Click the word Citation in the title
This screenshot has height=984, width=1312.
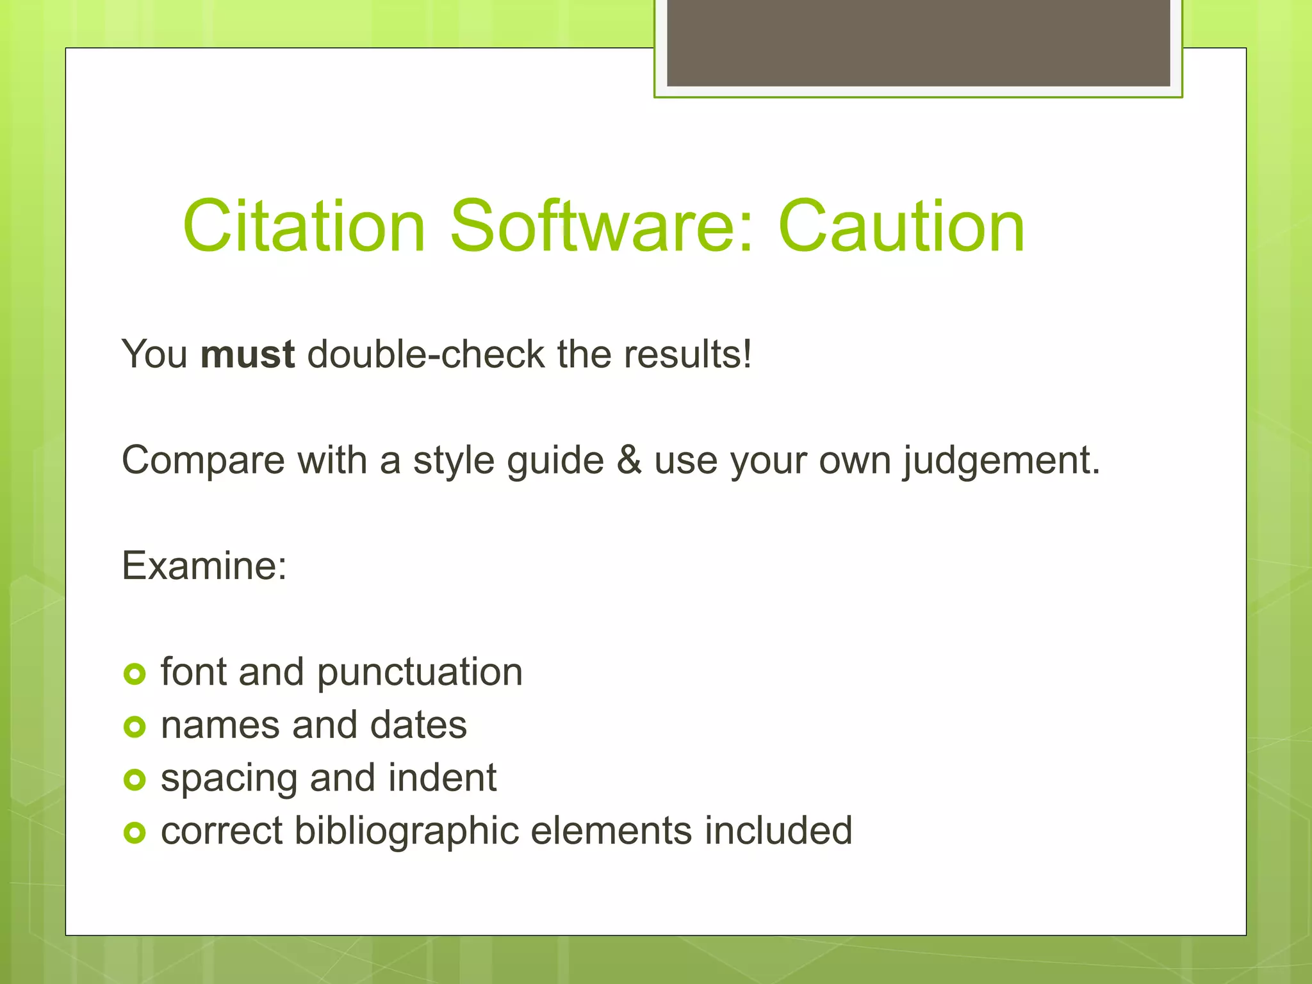tap(304, 226)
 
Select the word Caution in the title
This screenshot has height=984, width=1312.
tap(901, 226)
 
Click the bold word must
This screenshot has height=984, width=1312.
tap(247, 354)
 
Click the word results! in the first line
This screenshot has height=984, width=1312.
tap(687, 354)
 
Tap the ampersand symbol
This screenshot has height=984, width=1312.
tap(628, 460)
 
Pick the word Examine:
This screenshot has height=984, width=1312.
tap(204, 566)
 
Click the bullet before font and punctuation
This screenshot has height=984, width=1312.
tap(135, 674)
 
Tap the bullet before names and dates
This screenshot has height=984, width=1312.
tap(135, 727)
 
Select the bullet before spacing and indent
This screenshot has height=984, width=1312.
tap(135, 780)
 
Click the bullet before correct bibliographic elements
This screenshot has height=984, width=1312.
tap(135, 833)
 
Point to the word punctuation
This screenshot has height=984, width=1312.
tap(420, 673)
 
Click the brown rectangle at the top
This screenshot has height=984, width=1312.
tap(918, 43)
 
